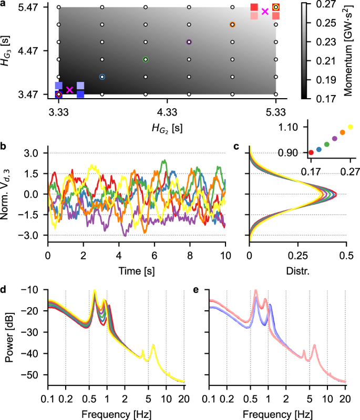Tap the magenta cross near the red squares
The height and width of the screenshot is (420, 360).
265,12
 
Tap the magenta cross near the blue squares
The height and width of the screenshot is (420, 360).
69,90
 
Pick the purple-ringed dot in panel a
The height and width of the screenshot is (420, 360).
189,42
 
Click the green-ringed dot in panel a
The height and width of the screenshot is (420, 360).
146,59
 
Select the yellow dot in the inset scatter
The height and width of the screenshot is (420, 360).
351,127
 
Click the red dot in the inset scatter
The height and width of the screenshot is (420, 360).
311,152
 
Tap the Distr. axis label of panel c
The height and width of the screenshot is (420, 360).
297,271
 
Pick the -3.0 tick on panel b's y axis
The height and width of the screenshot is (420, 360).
32,235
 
